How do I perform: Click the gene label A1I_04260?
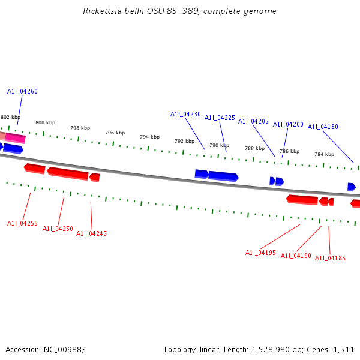[22, 91]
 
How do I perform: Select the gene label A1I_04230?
[185, 114]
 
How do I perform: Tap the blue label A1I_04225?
[220, 118]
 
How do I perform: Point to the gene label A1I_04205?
[253, 121]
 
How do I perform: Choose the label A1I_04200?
[288, 124]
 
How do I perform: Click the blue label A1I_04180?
[323, 127]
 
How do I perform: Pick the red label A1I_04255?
[22, 223]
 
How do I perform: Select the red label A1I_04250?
[58, 229]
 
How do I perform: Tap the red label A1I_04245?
[91, 233]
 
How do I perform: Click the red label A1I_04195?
[260, 253]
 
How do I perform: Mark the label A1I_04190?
[296, 256]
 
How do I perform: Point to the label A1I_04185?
[330, 258]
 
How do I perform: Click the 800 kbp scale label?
[45, 122]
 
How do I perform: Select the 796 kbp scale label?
[115, 133]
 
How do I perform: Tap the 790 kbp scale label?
[219, 145]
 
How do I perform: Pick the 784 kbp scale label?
[324, 154]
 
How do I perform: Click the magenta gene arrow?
[16, 138]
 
